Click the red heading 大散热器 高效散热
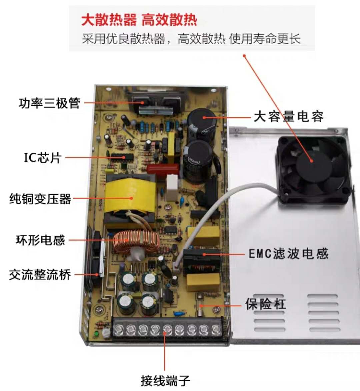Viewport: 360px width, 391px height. (139, 20)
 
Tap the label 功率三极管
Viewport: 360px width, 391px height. (49, 103)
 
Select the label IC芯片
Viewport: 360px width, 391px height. (43, 158)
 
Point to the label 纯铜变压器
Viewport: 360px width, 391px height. (40, 199)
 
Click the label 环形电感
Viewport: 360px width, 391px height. (40, 240)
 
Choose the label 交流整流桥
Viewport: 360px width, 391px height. (40, 275)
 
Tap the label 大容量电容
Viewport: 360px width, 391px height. (289, 116)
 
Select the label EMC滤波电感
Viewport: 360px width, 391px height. (289, 254)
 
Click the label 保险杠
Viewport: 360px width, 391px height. (265, 304)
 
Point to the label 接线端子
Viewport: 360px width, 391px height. (165, 381)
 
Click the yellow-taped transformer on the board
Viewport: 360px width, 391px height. (130, 197)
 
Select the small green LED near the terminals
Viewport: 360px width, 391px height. (95, 334)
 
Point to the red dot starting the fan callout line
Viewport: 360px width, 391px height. (245, 56)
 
